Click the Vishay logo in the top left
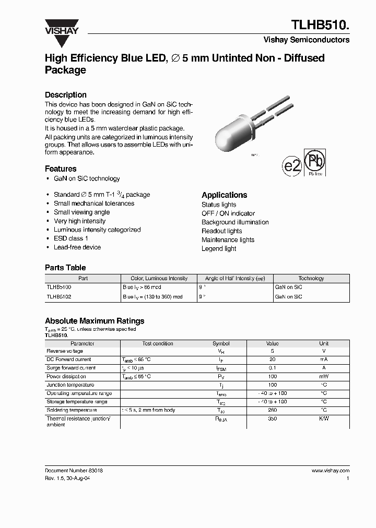(x=61, y=27)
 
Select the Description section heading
(x=66, y=95)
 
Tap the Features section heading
(x=61, y=169)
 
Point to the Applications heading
(x=225, y=195)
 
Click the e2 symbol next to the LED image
(x=292, y=166)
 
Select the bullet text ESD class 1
(x=71, y=238)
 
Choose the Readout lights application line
(x=222, y=231)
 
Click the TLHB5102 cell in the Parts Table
(x=58, y=296)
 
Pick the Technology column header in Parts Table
(x=311, y=279)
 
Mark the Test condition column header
(x=158, y=344)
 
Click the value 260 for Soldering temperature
(x=272, y=411)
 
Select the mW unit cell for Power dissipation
(x=324, y=377)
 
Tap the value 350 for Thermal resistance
(x=272, y=419)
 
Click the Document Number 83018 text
(x=74, y=471)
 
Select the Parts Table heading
(x=65, y=268)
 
